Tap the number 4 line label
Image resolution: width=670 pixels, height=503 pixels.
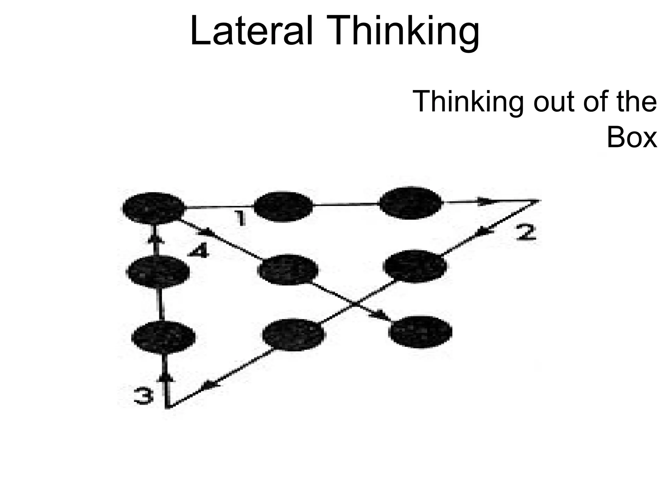198,252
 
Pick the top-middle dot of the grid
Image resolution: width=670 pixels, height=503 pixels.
283,207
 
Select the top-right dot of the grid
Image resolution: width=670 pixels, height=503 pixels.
411,203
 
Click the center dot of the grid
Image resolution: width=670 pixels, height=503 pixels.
288,270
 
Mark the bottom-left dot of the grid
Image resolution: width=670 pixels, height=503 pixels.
163,338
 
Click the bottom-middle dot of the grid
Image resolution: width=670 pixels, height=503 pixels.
294,334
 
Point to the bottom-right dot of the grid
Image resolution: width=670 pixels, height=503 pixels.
420,332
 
